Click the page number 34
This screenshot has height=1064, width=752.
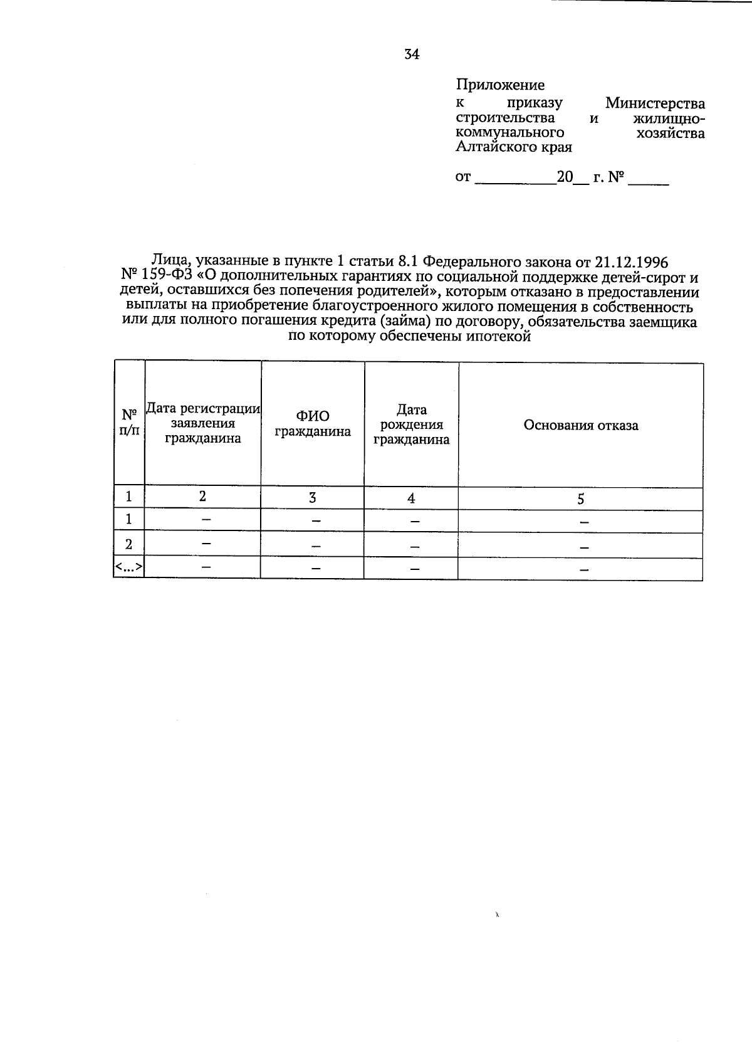tap(412, 55)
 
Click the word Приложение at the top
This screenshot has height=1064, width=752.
tap(500, 85)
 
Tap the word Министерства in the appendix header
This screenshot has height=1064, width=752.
tap(655, 103)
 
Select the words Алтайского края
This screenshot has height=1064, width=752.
tap(513, 148)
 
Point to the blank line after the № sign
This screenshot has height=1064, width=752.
tap(649, 179)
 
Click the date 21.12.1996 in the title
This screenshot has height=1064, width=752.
tap(622, 261)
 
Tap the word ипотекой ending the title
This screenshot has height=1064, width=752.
tap(499, 336)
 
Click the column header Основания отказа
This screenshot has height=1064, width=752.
tap(581, 425)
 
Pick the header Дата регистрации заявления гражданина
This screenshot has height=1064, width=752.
tap(203, 424)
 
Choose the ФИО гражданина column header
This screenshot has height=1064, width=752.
tap(313, 424)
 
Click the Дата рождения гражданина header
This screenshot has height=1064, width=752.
tap(412, 424)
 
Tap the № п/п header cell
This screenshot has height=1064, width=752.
tap(129, 423)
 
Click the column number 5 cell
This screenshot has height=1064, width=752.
tap(581, 499)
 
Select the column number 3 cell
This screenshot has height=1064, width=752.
tap(312, 498)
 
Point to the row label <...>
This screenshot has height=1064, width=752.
tap(129, 567)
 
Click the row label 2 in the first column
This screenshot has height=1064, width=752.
tap(129, 544)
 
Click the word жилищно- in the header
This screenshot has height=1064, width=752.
tap(667, 118)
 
